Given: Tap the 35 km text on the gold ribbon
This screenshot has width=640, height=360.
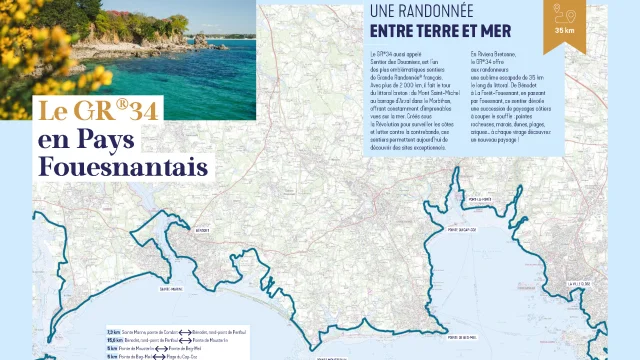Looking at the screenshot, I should click(x=562, y=32).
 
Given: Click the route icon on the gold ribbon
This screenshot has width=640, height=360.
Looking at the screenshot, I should click(x=562, y=15).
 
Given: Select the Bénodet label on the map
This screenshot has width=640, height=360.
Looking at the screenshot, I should click(x=203, y=229).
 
